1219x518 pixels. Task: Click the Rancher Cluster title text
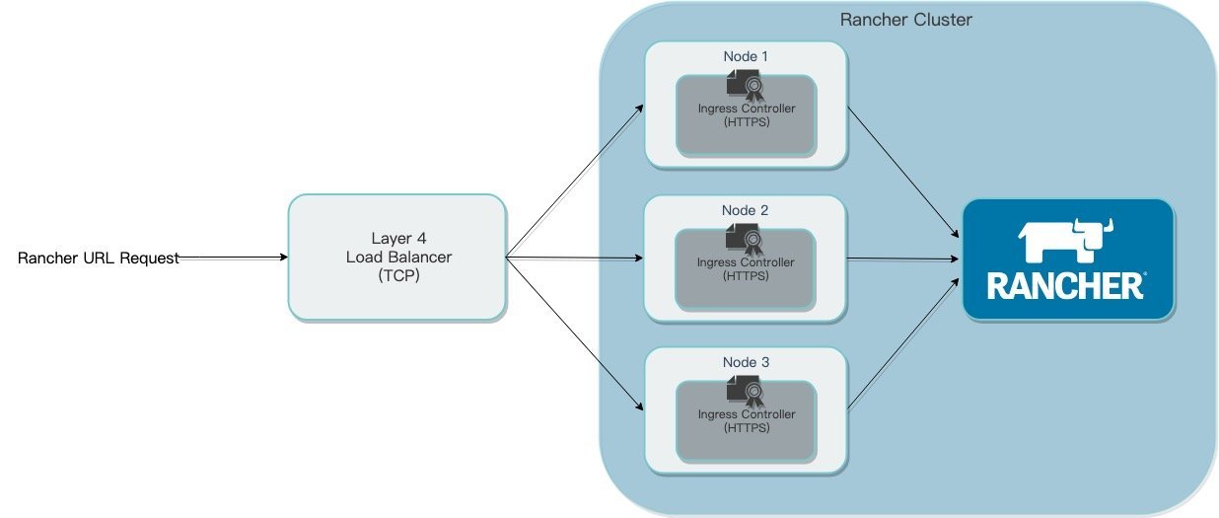pos(905,20)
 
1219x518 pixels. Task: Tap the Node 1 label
pos(746,56)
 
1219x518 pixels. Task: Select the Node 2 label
pos(746,210)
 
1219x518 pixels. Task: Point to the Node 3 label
pos(746,362)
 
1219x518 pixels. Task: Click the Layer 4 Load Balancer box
pos(396,258)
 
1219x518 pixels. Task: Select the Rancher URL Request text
pos(99,259)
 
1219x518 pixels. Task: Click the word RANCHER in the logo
pos(1065,286)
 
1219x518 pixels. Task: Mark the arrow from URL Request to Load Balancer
pos(233,258)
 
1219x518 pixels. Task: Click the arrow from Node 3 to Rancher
pos(902,340)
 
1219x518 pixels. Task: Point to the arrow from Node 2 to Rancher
pos(902,259)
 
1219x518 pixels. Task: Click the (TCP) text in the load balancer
pos(397,277)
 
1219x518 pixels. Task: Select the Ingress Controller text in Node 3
pos(747,414)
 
